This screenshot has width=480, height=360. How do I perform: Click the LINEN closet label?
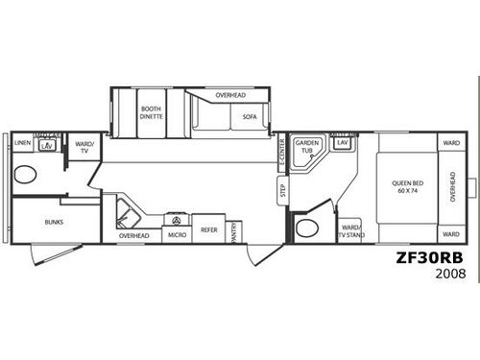click(22, 142)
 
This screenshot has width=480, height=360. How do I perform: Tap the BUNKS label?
click(53, 220)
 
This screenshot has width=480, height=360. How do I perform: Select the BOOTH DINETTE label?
click(152, 112)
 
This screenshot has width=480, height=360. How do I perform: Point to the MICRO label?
click(178, 235)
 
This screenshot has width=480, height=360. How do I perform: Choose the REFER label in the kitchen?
click(209, 230)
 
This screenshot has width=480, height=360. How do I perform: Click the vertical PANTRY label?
click(234, 231)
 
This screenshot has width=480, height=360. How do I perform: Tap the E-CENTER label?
click(281, 151)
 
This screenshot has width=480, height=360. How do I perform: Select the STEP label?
click(283, 189)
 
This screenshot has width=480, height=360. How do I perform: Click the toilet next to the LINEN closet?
click(25, 175)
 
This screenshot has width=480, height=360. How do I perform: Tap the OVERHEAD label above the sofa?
click(230, 96)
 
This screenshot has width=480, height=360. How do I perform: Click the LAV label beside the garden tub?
click(342, 143)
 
